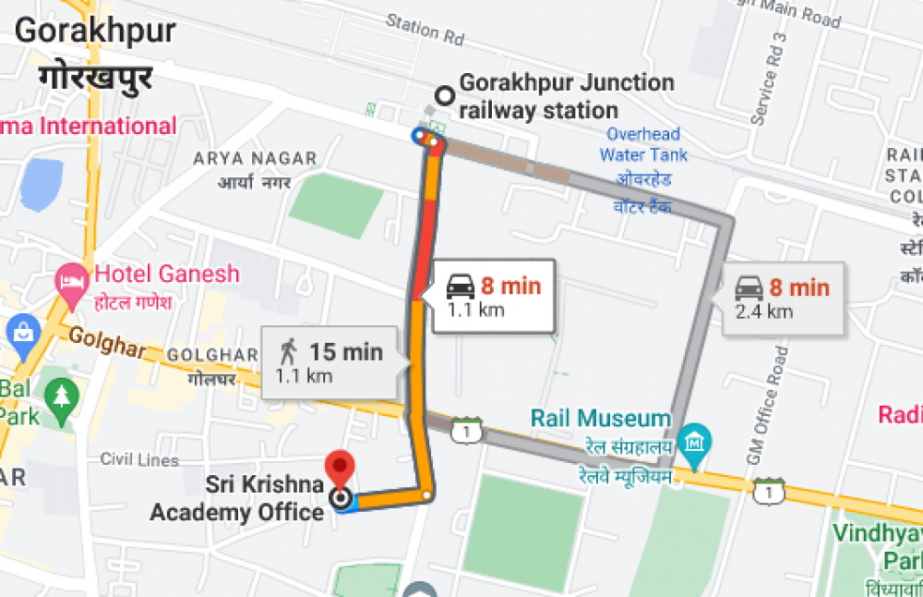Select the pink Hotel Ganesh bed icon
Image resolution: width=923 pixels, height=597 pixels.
[71, 276]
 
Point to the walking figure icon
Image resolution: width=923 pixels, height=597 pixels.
[289, 350]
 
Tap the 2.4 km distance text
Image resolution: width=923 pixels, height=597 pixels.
[763, 311]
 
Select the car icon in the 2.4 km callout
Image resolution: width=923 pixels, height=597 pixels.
[749, 288]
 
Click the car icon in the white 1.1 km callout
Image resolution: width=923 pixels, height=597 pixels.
[461, 286]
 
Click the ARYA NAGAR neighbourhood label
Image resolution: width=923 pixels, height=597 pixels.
[255, 159]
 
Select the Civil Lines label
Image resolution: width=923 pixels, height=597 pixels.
[138, 459]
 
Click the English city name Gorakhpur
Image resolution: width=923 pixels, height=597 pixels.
[95, 30]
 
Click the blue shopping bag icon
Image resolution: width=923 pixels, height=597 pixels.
[20, 329]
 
